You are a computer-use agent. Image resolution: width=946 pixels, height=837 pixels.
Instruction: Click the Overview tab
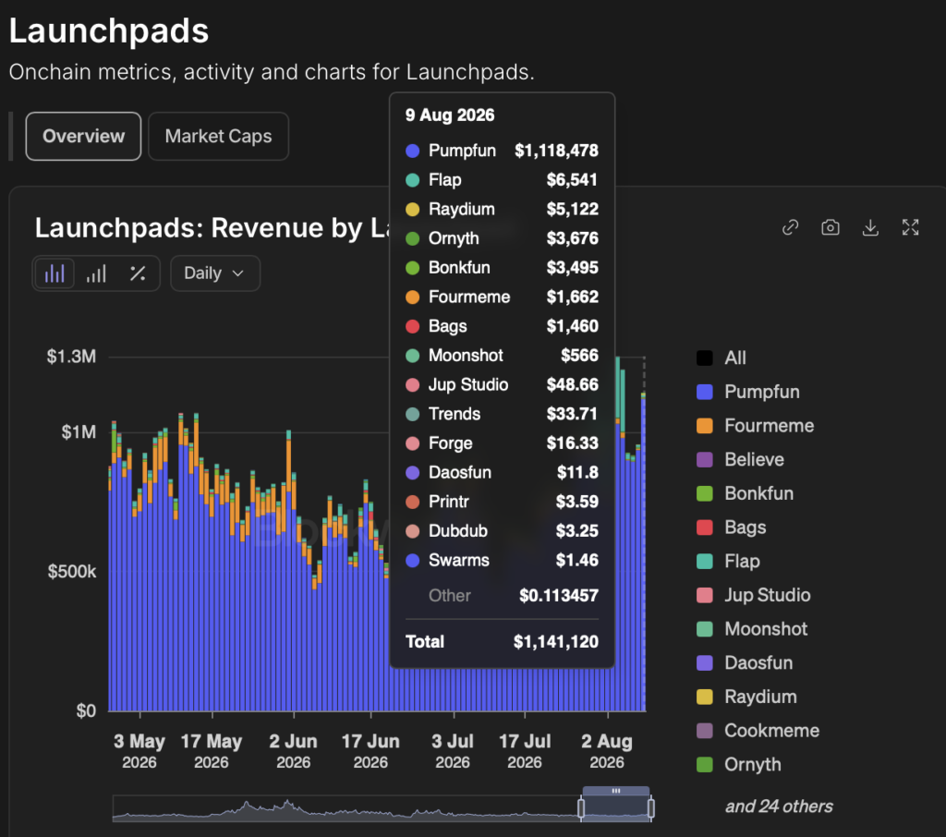coord(83,137)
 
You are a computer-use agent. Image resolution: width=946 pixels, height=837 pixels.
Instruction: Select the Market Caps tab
coord(218,137)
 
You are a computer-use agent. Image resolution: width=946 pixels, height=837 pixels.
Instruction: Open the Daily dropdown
coord(214,273)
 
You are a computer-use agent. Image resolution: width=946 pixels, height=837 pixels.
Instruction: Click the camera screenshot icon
coord(831,227)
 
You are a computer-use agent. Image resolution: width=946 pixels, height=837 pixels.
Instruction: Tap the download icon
coord(870,227)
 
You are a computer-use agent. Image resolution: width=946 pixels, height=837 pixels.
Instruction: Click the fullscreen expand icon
coord(910,227)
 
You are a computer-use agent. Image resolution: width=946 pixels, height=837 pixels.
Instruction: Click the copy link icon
coord(791,227)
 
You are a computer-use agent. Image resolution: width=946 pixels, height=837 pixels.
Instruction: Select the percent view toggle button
coord(138,273)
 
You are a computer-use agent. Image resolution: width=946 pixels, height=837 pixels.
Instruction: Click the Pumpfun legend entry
coord(748,392)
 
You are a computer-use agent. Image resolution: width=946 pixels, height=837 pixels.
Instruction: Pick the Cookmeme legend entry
coord(758,731)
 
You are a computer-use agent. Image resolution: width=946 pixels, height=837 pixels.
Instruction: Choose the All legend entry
coord(722,358)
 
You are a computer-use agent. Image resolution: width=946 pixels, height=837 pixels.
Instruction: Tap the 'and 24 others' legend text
coord(778,807)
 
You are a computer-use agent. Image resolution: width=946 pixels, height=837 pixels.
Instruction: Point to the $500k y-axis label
coord(72,572)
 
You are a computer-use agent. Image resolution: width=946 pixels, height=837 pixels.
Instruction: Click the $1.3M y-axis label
coord(71,357)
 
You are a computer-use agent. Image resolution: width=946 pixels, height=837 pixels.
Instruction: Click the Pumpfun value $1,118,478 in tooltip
coord(556,151)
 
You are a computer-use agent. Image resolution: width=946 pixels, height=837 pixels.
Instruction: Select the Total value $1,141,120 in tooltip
coord(555,641)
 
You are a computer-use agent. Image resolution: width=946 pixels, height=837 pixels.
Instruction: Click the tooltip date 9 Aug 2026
coord(450,115)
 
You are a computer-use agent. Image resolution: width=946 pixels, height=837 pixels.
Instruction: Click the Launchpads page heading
coord(109,30)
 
